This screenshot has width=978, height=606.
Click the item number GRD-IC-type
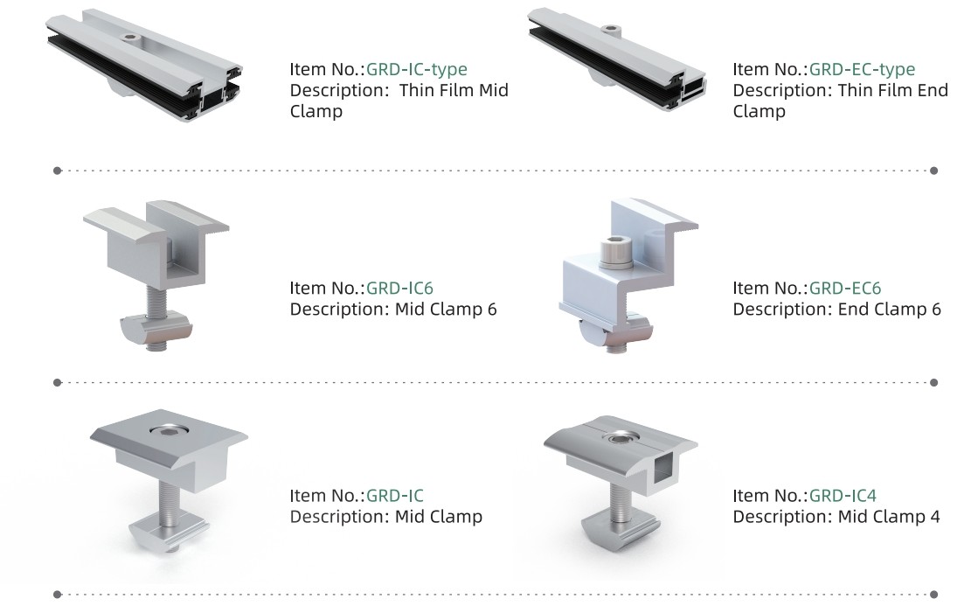[x=417, y=69]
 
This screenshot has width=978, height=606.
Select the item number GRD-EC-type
[x=862, y=69]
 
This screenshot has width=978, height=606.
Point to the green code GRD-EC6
[x=844, y=288]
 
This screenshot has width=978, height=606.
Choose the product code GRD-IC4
[x=843, y=496]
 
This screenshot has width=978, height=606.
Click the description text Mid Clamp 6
[x=446, y=309]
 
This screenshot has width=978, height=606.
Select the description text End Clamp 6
[x=889, y=309]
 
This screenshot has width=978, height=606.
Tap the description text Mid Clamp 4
[x=889, y=517]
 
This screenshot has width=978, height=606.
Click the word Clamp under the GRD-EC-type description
[x=759, y=112]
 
